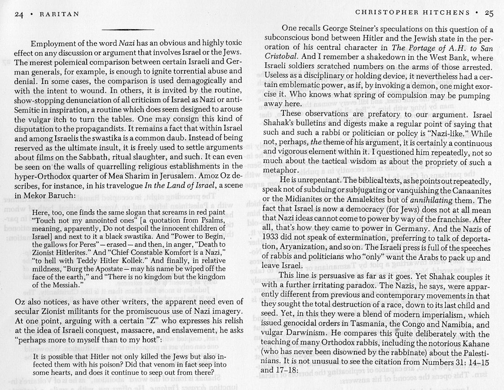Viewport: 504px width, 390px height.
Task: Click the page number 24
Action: click(19, 14)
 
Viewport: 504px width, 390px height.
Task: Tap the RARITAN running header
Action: click(59, 14)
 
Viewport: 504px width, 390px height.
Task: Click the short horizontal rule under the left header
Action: click(128, 30)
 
